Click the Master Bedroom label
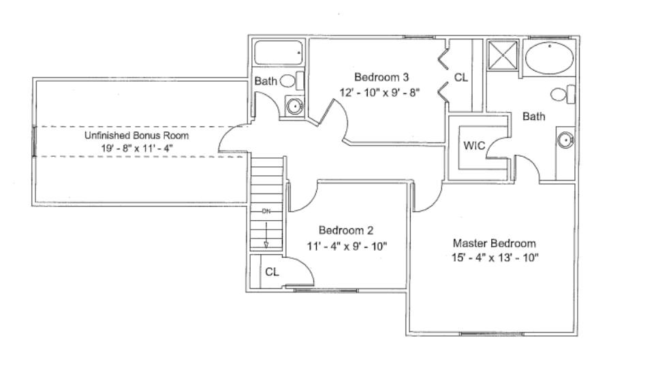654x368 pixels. [x=494, y=243]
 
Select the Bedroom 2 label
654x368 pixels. [x=345, y=230]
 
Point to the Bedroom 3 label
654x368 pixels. [x=381, y=76]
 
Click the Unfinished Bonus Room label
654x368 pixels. [x=136, y=136]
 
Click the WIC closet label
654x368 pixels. [x=473, y=145]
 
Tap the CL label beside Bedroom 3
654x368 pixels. [x=461, y=78]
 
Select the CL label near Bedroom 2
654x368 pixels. [x=272, y=272]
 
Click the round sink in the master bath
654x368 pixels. [x=565, y=140]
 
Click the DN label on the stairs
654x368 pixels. [x=266, y=211]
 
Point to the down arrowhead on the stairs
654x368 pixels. [x=266, y=243]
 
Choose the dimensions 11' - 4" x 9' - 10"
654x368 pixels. [x=345, y=245]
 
